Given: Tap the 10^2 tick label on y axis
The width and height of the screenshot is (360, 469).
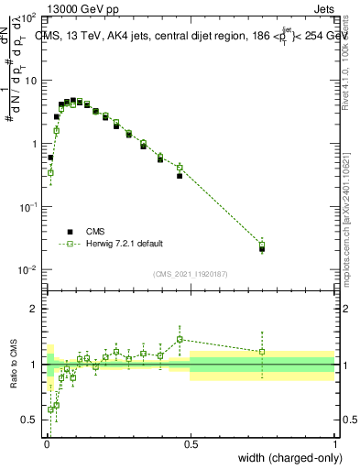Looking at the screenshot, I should pos(27,18).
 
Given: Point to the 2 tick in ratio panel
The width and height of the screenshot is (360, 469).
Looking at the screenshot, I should pos(34,308).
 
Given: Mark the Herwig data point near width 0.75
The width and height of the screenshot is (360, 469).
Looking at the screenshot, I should pos(262,244).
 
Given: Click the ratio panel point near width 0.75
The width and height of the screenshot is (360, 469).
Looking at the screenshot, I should pos(262,352).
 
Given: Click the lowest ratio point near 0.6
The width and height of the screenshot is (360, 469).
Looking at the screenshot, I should pos(50,409).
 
